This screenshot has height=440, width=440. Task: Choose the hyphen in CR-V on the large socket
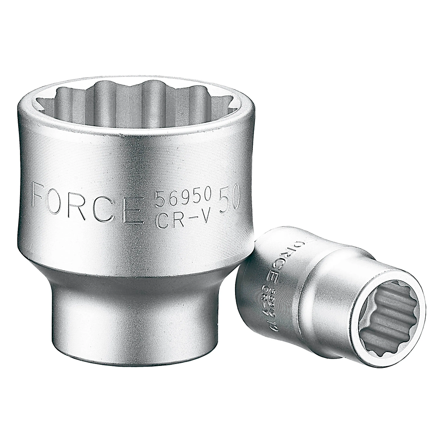[x=190, y=219]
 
